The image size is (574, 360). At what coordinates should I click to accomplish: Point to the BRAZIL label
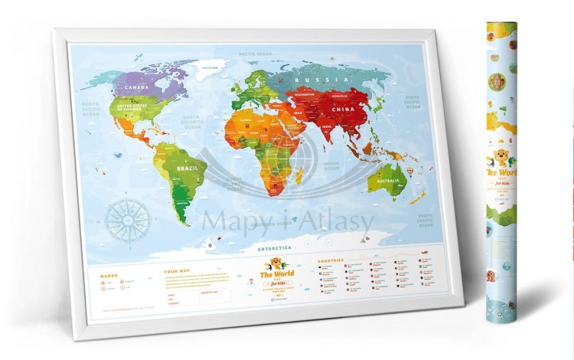click(188, 168)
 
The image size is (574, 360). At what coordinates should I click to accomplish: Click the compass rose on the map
click(128, 218)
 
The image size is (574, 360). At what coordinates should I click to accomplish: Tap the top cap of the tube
click(502, 25)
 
